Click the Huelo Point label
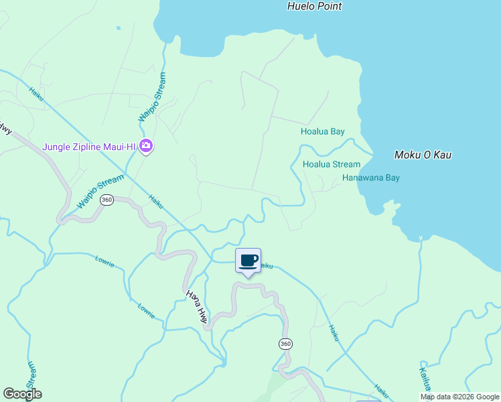314,6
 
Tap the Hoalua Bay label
322,131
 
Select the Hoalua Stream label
331,164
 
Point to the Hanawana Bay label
370,178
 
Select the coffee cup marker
248,261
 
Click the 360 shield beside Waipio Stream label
106,200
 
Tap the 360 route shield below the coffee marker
285,344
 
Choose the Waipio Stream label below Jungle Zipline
100,192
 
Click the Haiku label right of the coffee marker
267,266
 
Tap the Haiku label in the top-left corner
36,93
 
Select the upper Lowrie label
106,261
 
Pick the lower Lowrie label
146,308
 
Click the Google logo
22,394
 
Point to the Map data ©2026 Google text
459,397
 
